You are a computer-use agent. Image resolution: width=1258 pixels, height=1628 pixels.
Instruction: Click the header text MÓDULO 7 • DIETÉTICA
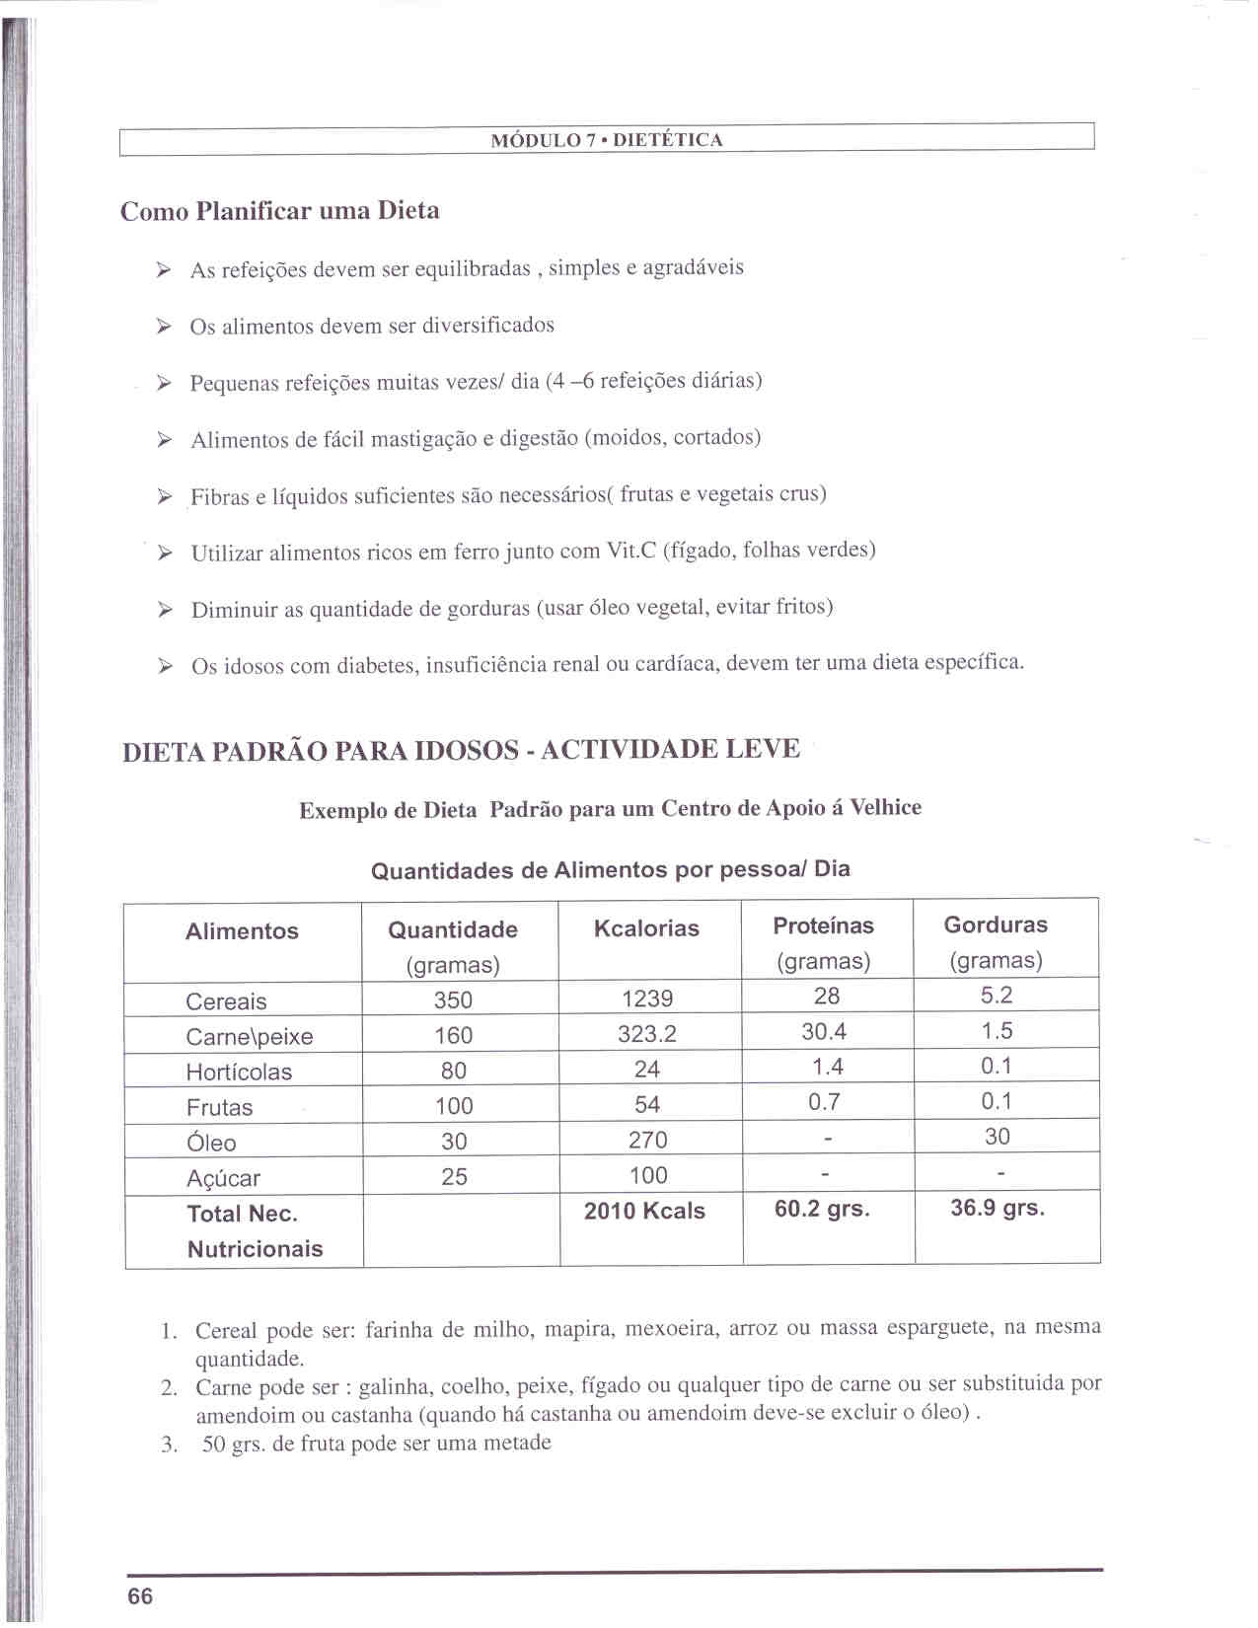607,140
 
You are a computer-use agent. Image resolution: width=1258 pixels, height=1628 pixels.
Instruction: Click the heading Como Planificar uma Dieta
279,211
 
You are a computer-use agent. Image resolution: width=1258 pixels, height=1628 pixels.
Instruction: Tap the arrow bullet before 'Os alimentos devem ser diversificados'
165,327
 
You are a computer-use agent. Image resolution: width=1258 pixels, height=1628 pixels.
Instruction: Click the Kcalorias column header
646,928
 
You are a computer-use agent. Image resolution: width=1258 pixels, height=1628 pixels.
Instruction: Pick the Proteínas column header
823,925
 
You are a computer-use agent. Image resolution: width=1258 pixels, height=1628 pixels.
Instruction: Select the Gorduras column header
996,925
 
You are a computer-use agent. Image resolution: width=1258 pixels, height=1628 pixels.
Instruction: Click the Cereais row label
226,1001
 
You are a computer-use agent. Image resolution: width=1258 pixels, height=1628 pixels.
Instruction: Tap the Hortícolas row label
239,1073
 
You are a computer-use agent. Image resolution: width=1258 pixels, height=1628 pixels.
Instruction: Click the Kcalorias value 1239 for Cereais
647,999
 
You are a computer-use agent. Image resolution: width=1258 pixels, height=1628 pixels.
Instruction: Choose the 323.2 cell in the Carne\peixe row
647,1034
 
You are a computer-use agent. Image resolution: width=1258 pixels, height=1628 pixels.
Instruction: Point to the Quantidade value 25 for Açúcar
454,1177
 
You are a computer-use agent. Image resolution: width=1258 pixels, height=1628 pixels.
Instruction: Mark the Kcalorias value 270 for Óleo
647,1141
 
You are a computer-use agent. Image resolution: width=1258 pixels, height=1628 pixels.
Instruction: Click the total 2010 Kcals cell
644,1212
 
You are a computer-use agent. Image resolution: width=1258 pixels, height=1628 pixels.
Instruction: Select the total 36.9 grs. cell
998,1208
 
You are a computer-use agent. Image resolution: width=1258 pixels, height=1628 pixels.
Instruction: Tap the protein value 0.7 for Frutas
824,1102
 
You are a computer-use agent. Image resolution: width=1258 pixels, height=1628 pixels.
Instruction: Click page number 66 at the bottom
140,1596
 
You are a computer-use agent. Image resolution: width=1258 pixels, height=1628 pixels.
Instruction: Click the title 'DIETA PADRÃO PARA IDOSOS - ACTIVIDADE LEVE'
461,751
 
